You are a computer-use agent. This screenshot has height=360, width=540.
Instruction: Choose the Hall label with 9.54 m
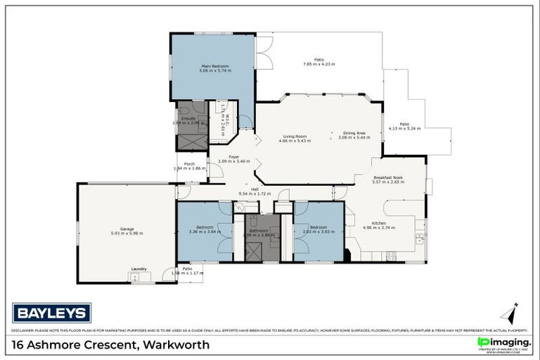click(250, 191)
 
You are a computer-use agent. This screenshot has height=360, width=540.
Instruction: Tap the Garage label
click(127, 230)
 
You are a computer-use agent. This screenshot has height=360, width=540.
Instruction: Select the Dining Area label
click(354, 133)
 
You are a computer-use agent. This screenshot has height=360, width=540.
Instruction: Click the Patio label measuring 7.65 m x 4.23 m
click(319, 62)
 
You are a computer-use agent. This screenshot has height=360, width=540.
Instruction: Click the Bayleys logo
click(51, 311)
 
